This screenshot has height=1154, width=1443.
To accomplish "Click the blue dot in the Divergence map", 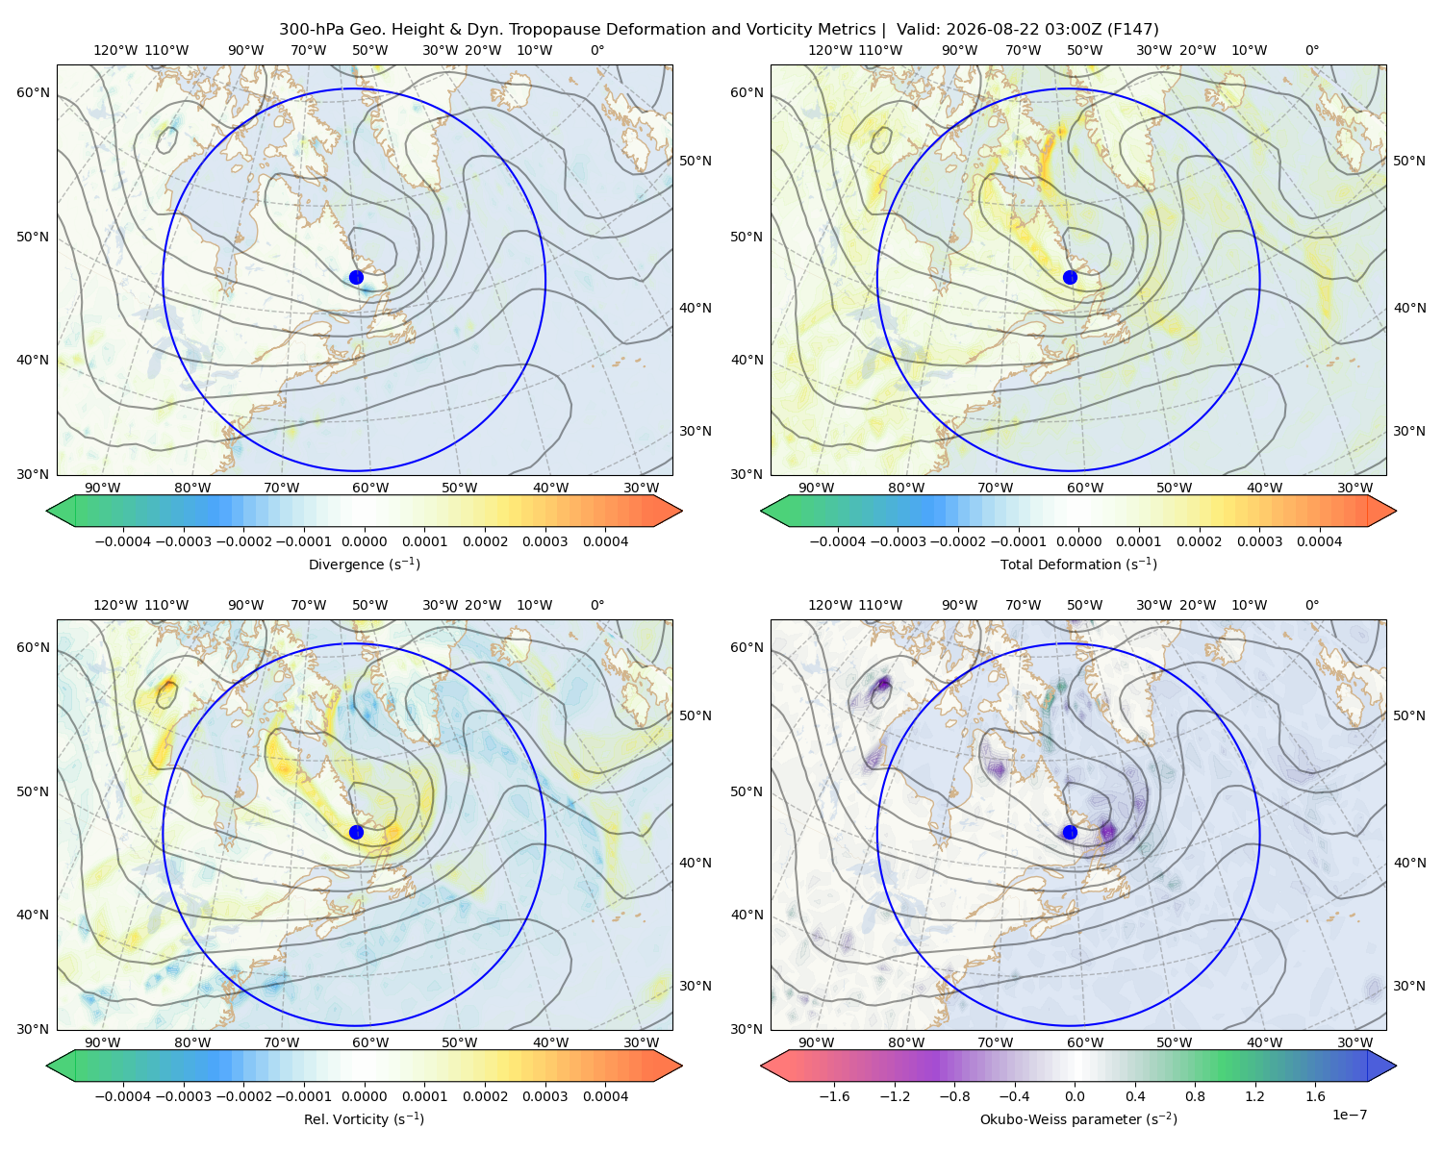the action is click(x=356, y=277).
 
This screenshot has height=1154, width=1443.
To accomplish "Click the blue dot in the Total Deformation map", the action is click(x=1070, y=277).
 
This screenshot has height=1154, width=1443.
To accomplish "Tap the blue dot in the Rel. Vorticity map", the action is click(x=356, y=832).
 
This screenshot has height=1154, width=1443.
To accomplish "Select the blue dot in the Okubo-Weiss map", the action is click(x=1070, y=832).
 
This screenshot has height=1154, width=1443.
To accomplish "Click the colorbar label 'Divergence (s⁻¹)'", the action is click(x=364, y=564).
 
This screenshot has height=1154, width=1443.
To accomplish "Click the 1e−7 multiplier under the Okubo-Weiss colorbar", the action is click(x=1349, y=1115).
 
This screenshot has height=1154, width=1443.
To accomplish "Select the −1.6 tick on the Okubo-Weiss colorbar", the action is click(x=835, y=1096).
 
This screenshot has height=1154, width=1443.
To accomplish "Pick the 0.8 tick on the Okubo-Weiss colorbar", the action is click(x=1195, y=1096).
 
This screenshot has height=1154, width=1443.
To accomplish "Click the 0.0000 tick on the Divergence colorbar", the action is click(x=364, y=541).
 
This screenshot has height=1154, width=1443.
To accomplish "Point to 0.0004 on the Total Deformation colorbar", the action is click(x=1319, y=541).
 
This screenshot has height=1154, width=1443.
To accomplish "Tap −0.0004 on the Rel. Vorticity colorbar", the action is click(x=123, y=1096).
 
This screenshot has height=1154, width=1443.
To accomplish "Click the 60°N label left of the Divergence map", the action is click(x=33, y=92).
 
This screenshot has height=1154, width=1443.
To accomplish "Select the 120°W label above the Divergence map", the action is click(x=115, y=50).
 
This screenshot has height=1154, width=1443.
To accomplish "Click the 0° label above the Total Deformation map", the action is click(x=1311, y=50).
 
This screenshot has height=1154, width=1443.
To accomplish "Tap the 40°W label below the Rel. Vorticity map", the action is click(x=550, y=1042).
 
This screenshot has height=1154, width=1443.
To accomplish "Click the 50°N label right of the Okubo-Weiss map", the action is click(x=1409, y=715).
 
